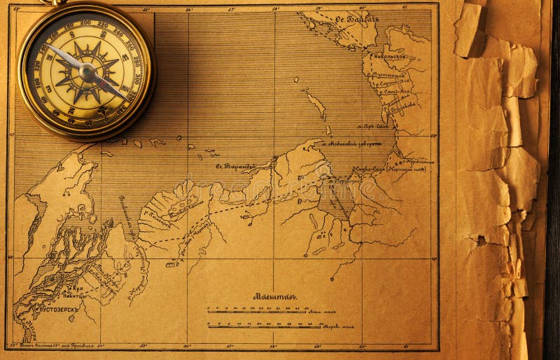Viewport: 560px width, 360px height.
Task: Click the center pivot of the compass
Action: point(86,71)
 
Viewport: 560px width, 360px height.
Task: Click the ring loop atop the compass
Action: point(53,2)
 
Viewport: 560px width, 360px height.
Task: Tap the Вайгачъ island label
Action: point(356,19)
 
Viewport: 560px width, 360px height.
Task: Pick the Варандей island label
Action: point(236,167)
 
